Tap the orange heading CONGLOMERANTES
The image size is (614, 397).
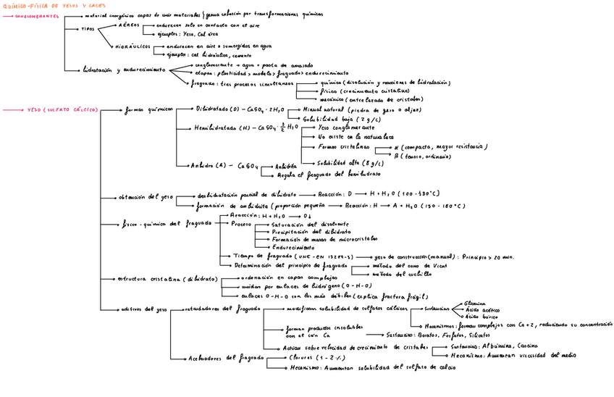click(38, 14)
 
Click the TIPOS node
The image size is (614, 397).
click(88, 29)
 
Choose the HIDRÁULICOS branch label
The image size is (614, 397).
click(133, 46)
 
